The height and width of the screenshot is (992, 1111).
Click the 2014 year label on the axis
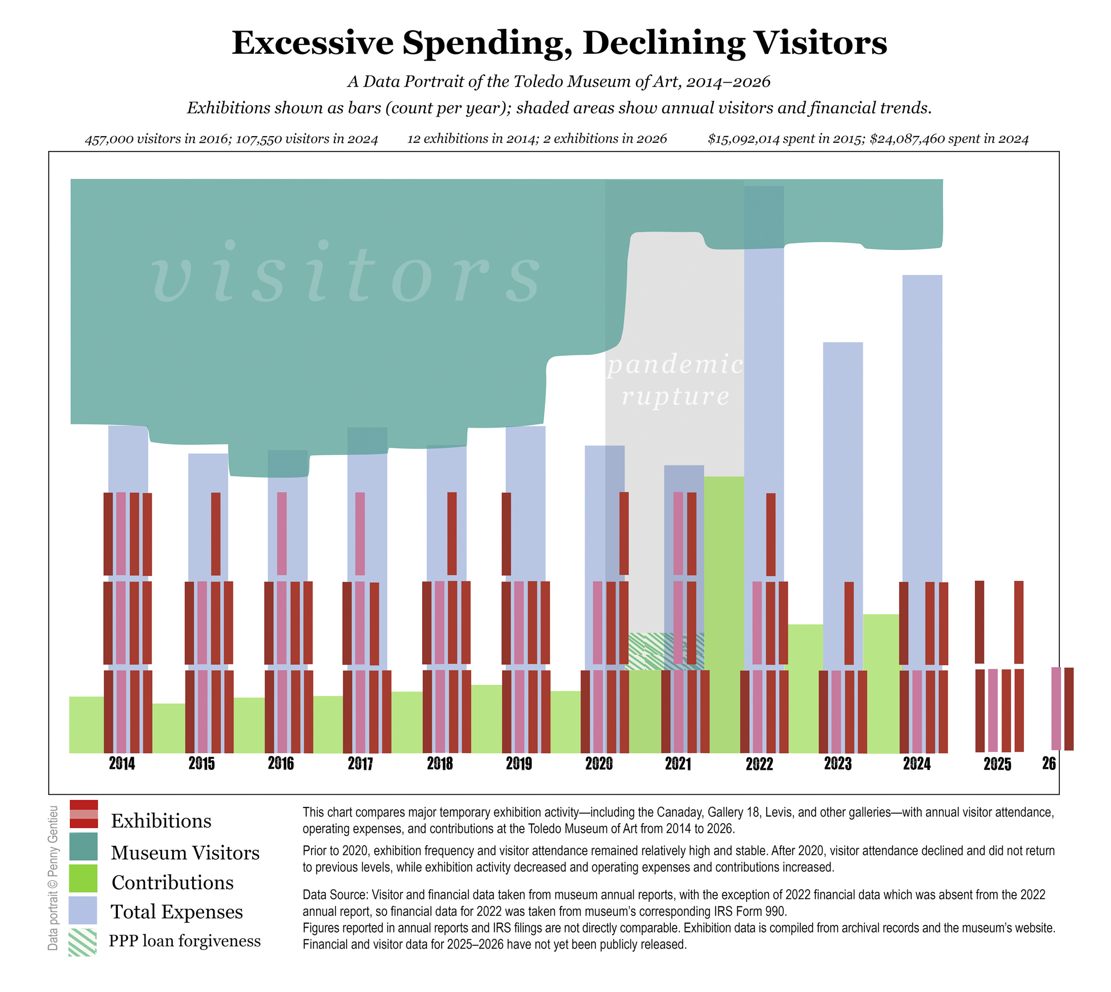coord(122,763)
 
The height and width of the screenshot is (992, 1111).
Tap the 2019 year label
coord(519,763)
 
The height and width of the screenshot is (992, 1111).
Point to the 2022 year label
coord(759,764)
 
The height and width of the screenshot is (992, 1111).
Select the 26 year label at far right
coord(1048,763)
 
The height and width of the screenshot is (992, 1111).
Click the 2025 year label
coord(997,764)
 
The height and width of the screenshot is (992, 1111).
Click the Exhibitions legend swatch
coord(83,814)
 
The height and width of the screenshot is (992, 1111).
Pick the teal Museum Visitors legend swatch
coord(83,846)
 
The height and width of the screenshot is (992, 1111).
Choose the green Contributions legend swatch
coord(83,878)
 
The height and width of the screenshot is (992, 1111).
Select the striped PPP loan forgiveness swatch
coord(83,941)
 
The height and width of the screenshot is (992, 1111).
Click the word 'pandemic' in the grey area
coord(674,365)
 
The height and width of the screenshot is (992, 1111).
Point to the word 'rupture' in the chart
coord(675,397)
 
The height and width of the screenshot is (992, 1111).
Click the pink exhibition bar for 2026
coord(1056,708)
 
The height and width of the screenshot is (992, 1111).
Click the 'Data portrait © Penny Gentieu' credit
coord(53,878)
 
